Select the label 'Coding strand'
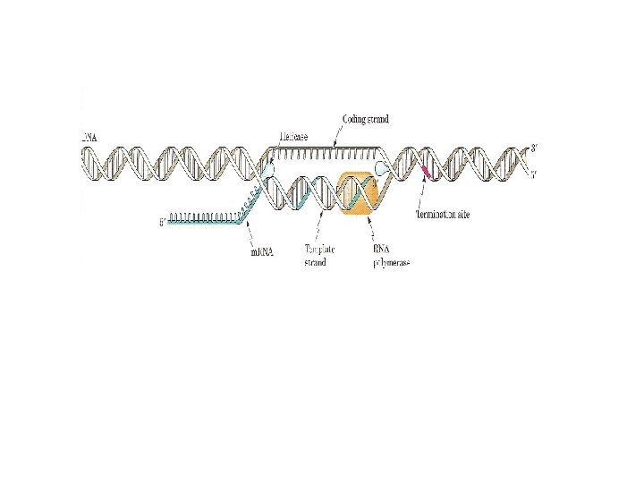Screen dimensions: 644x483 (366, 119)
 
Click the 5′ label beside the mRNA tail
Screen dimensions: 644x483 (161, 221)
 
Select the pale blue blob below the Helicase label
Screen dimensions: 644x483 (267, 168)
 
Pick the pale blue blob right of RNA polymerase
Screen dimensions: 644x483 (383, 167)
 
